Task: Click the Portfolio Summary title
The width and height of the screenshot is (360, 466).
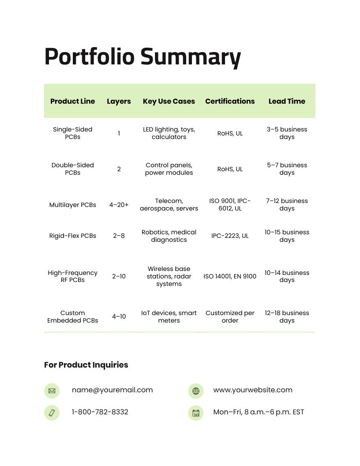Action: (x=142, y=57)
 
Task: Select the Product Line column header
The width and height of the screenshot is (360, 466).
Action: (x=72, y=101)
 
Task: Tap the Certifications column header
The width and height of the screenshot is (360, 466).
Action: (x=230, y=101)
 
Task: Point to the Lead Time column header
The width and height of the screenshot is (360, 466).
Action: (x=287, y=101)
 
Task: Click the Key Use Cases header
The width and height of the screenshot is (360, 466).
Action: (x=169, y=101)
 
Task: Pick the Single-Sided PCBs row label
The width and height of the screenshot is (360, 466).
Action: (x=73, y=133)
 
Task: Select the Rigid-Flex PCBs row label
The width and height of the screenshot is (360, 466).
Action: (x=73, y=236)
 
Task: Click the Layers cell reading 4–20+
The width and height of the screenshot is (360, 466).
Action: (x=119, y=205)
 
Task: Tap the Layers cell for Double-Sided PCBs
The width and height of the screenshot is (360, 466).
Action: (x=119, y=169)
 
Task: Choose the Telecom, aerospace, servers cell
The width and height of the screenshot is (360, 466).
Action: (x=169, y=205)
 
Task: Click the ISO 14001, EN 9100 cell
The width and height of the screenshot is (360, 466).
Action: (x=230, y=276)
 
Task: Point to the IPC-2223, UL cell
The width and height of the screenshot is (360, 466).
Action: (x=230, y=236)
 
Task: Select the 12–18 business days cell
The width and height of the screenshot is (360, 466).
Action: (x=287, y=316)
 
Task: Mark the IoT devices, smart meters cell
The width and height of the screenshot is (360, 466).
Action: (x=169, y=316)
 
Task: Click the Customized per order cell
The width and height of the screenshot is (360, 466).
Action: (x=230, y=316)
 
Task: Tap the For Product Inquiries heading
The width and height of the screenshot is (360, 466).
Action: (x=86, y=365)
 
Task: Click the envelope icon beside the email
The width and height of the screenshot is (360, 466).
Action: (x=52, y=391)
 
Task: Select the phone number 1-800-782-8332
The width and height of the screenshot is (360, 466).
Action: (x=100, y=412)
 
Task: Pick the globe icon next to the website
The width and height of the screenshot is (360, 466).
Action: (x=196, y=391)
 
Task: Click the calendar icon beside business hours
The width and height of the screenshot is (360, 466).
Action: (x=196, y=413)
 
